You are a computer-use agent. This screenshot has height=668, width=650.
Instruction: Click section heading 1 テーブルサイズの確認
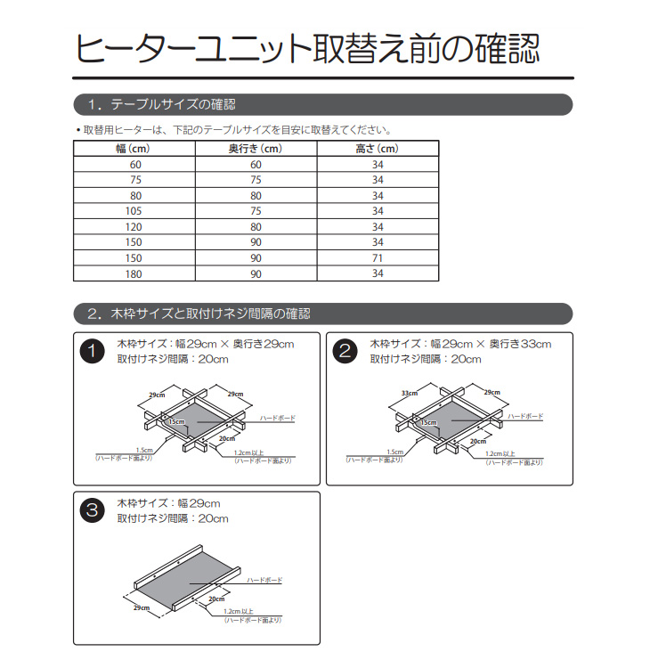tap(161, 105)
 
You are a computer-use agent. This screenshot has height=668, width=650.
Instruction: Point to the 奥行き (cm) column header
tap(256, 149)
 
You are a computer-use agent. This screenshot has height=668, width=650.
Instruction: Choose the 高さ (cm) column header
tap(377, 149)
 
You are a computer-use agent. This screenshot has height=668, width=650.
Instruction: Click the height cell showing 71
tap(378, 258)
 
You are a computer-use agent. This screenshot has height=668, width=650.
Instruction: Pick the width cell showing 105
tap(135, 211)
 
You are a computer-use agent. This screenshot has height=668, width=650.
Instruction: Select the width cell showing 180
tap(135, 274)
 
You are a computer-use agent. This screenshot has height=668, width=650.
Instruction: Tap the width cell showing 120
tap(135, 227)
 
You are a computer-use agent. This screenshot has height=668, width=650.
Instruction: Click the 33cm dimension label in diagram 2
tap(410, 393)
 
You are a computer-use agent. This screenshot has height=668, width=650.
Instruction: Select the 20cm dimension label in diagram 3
tap(215, 599)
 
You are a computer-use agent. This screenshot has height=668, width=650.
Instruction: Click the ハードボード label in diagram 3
tap(265, 579)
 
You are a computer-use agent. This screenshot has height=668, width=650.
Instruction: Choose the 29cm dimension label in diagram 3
tap(141, 607)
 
